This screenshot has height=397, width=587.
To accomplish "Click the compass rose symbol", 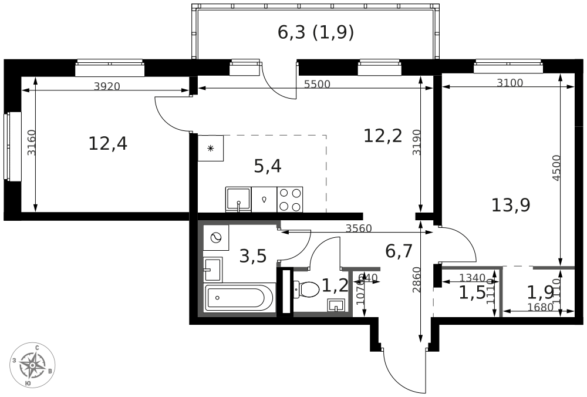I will coord(33,365).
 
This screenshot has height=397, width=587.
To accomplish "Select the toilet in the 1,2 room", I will coord(306,288).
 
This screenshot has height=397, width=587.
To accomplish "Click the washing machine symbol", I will coord(216,238).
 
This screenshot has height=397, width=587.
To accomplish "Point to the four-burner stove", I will coord(290,199).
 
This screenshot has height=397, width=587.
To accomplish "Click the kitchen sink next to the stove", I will coord(238,199).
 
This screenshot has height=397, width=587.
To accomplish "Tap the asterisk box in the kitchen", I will coord(211,149).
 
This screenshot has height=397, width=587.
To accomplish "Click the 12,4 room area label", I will coord(107,143).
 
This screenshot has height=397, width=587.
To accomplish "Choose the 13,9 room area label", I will coord(511,205).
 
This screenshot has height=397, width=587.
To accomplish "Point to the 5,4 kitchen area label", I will coord(268,166).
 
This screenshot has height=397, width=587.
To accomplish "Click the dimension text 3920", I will coord(107,86).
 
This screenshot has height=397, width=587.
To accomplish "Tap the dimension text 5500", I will coord(317,84).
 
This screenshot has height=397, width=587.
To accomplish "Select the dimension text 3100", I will coord(510,83).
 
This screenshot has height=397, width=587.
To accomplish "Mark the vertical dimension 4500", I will coord(556,168).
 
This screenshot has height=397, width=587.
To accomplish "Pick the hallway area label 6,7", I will coord(399,251).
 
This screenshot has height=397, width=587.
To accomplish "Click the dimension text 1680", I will coord(540,307).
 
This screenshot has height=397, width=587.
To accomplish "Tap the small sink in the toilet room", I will coord(336,305).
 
